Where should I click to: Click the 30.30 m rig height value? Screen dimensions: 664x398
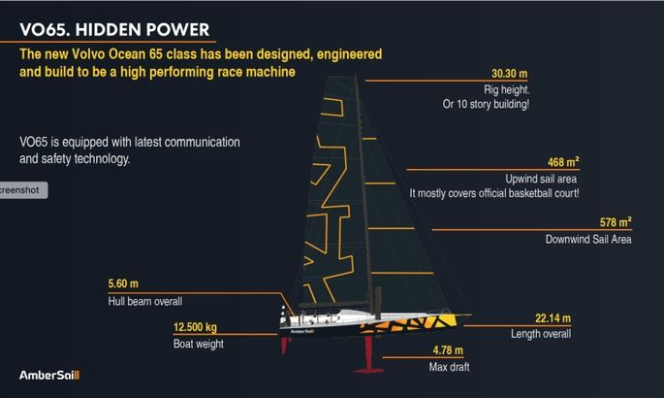510,74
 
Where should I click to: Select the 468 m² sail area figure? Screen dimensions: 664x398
563,162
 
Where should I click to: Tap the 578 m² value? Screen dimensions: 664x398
616,222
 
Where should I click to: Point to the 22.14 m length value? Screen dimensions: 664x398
553,317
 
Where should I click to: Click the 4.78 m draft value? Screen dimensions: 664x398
448,350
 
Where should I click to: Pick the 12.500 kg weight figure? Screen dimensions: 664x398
195,327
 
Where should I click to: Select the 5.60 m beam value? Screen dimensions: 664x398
123,283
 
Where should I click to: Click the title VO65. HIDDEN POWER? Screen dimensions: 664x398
114,30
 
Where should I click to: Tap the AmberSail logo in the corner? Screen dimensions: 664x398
49,375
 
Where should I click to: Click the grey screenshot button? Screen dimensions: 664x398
23,190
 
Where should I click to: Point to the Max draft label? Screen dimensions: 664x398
449,367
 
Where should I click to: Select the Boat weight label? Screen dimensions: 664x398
198,344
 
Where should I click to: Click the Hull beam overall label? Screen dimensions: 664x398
145,301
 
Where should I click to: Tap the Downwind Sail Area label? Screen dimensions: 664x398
588,239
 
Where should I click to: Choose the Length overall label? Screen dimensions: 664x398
541,334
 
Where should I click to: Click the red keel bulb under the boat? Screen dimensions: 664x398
368,371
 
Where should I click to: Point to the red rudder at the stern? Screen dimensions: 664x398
285,346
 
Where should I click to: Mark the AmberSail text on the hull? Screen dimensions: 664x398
301,331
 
